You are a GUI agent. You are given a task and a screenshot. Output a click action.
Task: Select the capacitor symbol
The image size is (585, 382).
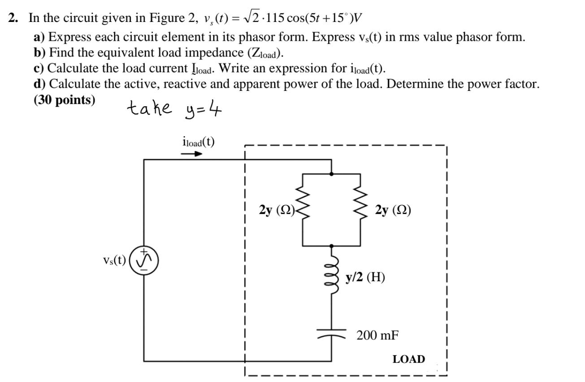point(332,334)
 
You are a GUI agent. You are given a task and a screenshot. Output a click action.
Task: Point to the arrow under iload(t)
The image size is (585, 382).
point(191,154)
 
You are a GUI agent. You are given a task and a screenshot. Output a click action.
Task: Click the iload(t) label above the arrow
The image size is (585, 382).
point(196,142)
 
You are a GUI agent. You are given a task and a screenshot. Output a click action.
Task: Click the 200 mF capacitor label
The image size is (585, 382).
point(377,335)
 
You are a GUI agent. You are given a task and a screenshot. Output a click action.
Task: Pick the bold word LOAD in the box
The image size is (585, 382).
point(408,359)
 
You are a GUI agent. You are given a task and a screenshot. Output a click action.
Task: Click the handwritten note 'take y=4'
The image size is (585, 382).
point(174,108)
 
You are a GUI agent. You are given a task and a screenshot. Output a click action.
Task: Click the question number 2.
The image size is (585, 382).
point(13,18)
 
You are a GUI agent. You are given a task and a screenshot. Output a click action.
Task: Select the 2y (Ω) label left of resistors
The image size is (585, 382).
point(276,210)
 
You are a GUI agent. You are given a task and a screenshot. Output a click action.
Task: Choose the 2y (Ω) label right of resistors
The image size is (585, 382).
point(393,210)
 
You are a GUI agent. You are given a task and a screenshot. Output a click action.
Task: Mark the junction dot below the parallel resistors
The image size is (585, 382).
point(331,246)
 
